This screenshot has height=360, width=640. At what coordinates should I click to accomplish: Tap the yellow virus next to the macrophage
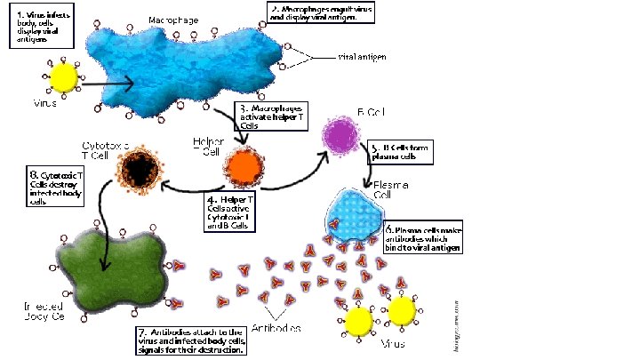(x=64, y=78)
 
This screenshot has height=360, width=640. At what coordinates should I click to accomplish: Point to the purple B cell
(x=340, y=136)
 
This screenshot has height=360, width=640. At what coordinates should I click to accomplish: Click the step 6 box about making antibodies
(x=423, y=239)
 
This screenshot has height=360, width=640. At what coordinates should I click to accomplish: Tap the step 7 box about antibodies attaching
(x=192, y=340)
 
